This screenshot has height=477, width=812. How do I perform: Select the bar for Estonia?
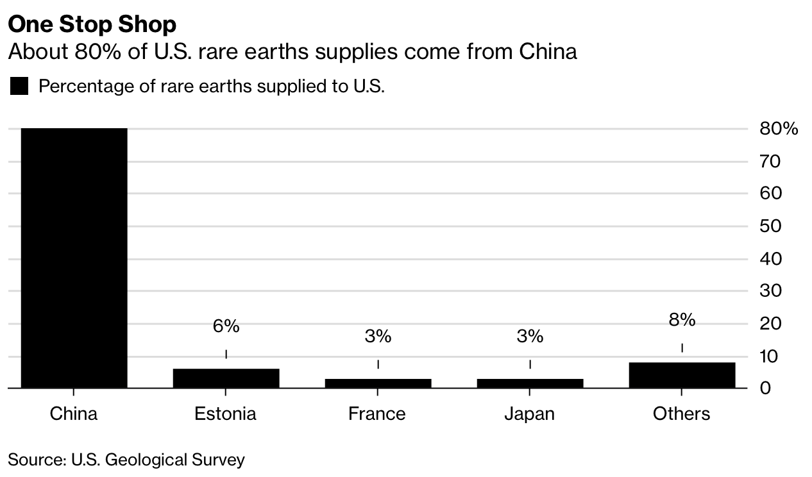(226, 378)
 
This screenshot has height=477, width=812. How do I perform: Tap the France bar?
(378, 383)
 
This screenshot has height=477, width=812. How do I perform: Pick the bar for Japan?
(530, 383)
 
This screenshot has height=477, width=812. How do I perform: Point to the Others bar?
(682, 375)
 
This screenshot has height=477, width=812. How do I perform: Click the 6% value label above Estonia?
(226, 326)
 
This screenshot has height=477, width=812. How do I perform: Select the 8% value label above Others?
(682, 320)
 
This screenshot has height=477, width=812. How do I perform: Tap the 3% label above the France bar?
(378, 336)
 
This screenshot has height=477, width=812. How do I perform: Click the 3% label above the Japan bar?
(530, 336)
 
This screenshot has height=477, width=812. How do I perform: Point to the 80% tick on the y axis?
(779, 129)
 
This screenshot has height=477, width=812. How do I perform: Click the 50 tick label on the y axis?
(770, 226)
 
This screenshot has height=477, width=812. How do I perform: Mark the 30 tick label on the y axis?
(770, 291)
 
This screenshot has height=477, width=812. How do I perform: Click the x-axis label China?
(74, 414)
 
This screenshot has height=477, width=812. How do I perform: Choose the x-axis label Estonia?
(226, 414)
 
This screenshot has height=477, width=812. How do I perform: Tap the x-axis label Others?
(682, 414)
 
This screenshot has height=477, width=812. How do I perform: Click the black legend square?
(19, 87)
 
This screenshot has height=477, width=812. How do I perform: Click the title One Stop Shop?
(92, 24)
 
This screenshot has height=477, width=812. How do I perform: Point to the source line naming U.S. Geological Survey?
(126, 460)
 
